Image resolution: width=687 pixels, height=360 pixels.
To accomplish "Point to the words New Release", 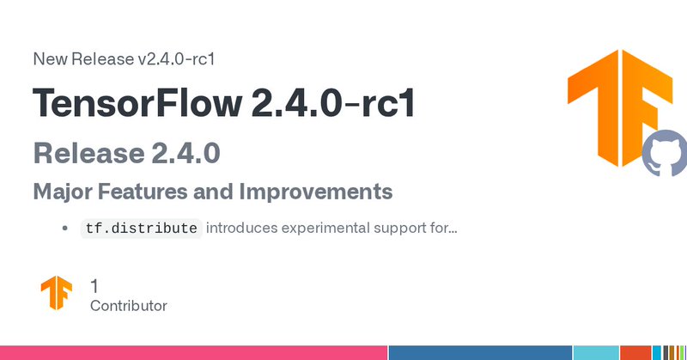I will tap(82, 59).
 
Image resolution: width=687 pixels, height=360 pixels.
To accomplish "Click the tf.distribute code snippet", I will tap(141, 229).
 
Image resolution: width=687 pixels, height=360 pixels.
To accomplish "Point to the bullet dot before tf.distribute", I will tap(66, 229).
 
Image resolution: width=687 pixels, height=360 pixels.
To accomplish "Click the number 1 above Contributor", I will tap(94, 285).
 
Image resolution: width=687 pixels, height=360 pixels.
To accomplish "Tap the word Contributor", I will tap(129, 306).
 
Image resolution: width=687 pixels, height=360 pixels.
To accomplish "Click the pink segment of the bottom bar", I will tap(193, 352).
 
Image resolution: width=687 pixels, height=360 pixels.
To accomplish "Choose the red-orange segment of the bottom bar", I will tap(635, 352).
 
